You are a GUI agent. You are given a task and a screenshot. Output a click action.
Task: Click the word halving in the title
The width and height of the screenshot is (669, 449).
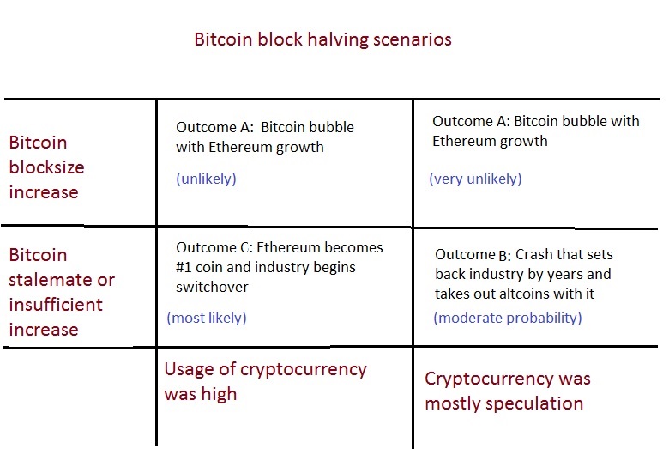tap(338, 40)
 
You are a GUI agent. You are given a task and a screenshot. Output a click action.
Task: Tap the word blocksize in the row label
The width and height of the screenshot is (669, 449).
tap(46, 167)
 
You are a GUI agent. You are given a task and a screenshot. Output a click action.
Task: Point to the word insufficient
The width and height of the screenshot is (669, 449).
tap(56, 305)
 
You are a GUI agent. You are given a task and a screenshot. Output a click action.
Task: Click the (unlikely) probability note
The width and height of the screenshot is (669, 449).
tap(206, 179)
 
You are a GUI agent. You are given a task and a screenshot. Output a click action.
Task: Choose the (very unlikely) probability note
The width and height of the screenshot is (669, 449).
tap(475, 179)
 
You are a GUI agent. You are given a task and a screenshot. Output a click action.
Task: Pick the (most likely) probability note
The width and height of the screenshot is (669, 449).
tap(207, 318)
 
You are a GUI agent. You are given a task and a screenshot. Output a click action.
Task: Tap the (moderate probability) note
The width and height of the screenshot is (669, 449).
tap(508, 318)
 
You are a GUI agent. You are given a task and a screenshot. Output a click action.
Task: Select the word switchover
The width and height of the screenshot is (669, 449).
tap(212, 287)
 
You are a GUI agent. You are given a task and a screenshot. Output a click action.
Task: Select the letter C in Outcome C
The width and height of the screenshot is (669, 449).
tap(244, 247)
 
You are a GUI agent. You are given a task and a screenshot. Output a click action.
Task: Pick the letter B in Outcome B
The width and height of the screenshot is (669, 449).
tap(503, 255)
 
